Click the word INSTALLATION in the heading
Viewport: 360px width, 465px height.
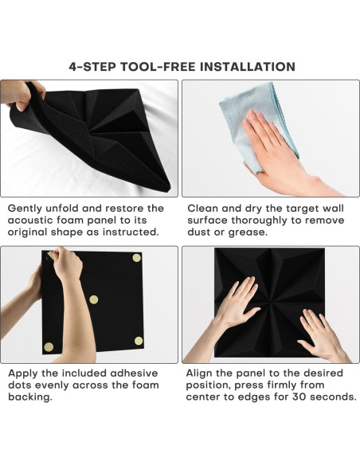pos(248,66)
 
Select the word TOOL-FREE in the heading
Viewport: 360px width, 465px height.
pos(158,66)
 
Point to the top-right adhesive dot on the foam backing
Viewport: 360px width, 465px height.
pos(136,258)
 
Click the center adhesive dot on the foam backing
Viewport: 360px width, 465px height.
pos(94,299)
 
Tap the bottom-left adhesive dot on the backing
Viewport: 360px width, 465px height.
pos(49,347)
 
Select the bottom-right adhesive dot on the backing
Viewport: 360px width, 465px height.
pos(139,341)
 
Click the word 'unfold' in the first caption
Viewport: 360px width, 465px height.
pos(62,208)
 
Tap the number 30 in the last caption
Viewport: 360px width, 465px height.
pos(299,397)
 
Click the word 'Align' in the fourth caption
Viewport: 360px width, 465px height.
pos(199,373)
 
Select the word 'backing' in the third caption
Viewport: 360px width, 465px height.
pos(30,397)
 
